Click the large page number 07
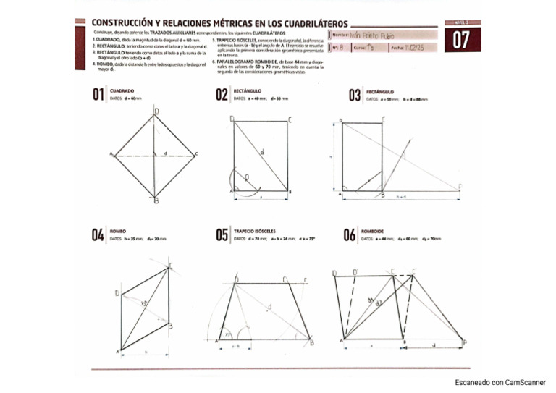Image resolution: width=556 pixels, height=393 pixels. [x=460, y=41]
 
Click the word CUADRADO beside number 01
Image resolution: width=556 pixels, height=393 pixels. [x=122, y=90]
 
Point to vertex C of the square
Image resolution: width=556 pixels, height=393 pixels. [x=197, y=154]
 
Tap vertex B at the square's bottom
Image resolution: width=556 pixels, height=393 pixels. [x=156, y=200]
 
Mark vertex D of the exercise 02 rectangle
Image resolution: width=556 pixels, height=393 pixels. [x=232, y=119]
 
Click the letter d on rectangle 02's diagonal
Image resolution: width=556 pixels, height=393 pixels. [x=261, y=152]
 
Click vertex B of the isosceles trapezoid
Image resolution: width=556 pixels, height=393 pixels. [x=311, y=343]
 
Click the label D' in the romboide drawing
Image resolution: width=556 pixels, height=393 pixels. [x=355, y=273]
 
